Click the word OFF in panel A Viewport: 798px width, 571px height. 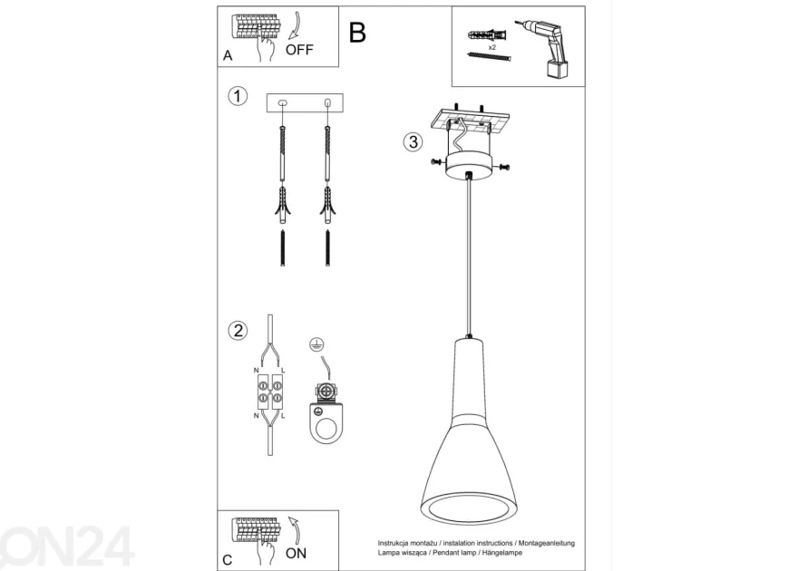tap(299, 50)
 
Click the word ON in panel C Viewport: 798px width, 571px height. tap(296, 553)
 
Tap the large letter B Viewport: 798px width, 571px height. tap(357, 33)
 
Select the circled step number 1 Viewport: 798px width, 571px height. tap(238, 95)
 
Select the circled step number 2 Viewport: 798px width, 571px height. tap(238, 331)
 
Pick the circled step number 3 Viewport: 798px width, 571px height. tap(414, 141)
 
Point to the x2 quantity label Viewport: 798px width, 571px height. tap(492, 47)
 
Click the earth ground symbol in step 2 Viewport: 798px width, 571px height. tap(317, 345)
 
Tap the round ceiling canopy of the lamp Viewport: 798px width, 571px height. tap(469, 167)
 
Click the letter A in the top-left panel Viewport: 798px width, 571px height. tap(228, 55)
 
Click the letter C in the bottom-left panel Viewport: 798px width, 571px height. tap(228, 560)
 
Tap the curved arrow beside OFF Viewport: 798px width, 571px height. tap(295, 25)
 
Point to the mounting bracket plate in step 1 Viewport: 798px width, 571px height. tap(305, 102)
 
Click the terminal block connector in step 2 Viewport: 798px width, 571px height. tap(270, 392)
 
